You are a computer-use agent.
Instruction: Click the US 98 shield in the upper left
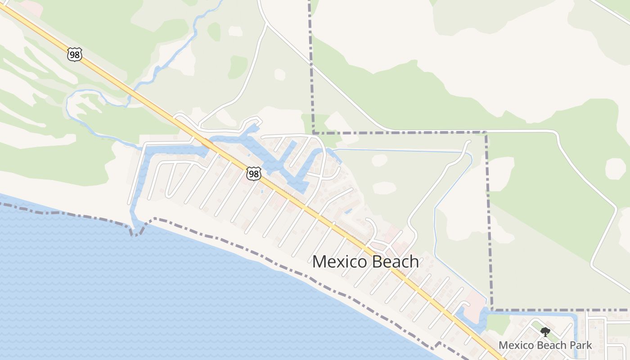(x=74, y=55)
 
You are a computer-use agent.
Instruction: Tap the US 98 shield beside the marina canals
(x=254, y=173)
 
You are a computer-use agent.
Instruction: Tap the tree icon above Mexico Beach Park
(x=545, y=333)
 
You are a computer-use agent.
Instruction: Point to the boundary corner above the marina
(x=313, y=133)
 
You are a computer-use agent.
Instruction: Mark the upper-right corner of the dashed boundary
(x=486, y=132)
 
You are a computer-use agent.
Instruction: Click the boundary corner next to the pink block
(x=492, y=310)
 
